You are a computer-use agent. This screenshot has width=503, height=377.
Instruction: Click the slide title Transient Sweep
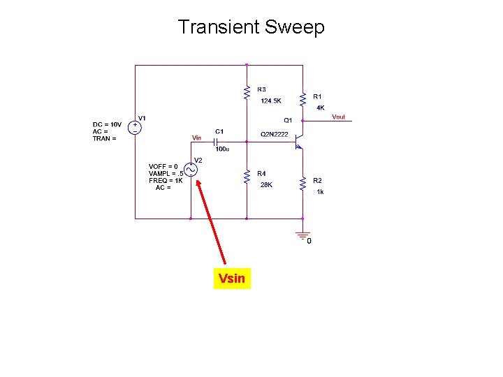coord(251,27)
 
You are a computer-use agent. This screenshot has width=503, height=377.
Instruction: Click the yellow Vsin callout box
coord(231,279)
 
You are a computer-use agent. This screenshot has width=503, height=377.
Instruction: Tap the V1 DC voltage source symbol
coord(135,127)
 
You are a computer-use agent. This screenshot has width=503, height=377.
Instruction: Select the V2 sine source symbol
coord(191,170)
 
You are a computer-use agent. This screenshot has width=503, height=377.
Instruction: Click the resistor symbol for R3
coord(246,91)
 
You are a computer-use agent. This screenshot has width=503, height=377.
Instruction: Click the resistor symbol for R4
coord(246,178)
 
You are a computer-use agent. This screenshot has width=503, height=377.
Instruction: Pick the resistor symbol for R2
coord(302,184)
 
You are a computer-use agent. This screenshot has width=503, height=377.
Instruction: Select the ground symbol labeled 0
coord(302,235)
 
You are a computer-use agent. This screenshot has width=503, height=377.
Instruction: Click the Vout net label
coord(338,117)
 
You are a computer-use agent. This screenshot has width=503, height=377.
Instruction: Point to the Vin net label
coord(197,137)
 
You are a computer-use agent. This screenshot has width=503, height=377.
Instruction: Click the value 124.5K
coord(271,101)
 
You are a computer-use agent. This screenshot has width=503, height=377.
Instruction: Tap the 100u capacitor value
coord(222,149)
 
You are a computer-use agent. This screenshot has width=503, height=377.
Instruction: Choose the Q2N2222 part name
coord(274,134)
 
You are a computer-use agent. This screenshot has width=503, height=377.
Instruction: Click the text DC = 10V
coord(108,125)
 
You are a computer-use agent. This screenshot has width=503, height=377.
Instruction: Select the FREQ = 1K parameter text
coord(166,180)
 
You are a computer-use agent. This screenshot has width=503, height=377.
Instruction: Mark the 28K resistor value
coord(266,185)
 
